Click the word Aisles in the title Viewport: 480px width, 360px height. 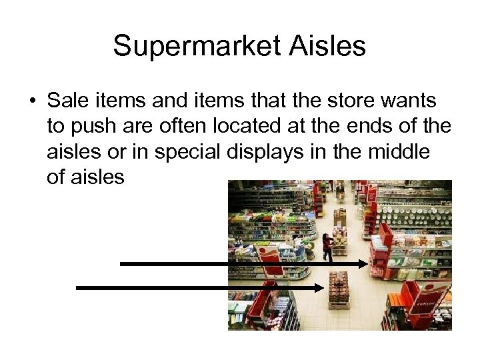[325, 47]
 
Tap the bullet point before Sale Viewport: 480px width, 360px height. [33, 102]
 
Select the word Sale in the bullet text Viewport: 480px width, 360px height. [69, 101]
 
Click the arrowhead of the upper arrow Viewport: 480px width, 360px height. [363, 264]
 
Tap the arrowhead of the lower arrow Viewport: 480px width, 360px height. [322, 287]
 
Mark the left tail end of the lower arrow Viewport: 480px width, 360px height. [79, 287]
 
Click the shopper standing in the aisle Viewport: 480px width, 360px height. [327, 247]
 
